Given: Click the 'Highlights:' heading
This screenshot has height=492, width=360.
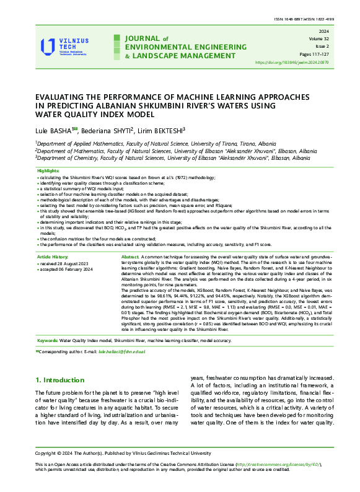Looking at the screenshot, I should tap(49, 170).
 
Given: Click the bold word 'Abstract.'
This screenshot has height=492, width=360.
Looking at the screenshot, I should tap(131, 257).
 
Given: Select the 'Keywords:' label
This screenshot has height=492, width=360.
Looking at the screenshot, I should tap(48, 340).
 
